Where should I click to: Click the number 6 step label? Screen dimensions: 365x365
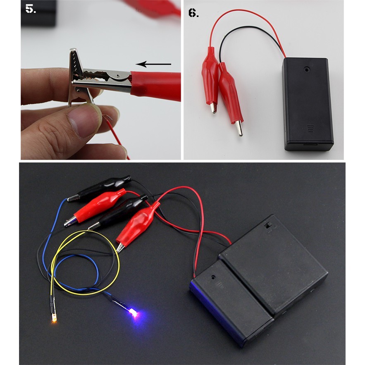point(193,13)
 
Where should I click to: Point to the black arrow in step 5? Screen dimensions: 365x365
point(153,64)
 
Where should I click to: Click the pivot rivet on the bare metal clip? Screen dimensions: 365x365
point(118,76)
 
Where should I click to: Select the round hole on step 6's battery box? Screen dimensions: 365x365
point(307,69)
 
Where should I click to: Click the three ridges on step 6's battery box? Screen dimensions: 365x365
point(310,129)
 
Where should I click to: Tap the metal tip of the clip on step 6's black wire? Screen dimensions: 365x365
point(239,128)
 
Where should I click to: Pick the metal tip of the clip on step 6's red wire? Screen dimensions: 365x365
point(213,108)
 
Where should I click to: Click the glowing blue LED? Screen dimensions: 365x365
point(134,313)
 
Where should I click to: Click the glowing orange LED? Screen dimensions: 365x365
point(54,318)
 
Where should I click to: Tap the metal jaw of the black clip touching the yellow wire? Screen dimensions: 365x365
point(94,226)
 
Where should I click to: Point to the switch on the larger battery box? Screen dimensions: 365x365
point(268,226)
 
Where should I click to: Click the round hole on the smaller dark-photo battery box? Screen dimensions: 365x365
point(213,277)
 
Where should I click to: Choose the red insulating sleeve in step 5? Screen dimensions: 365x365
point(155,86)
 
